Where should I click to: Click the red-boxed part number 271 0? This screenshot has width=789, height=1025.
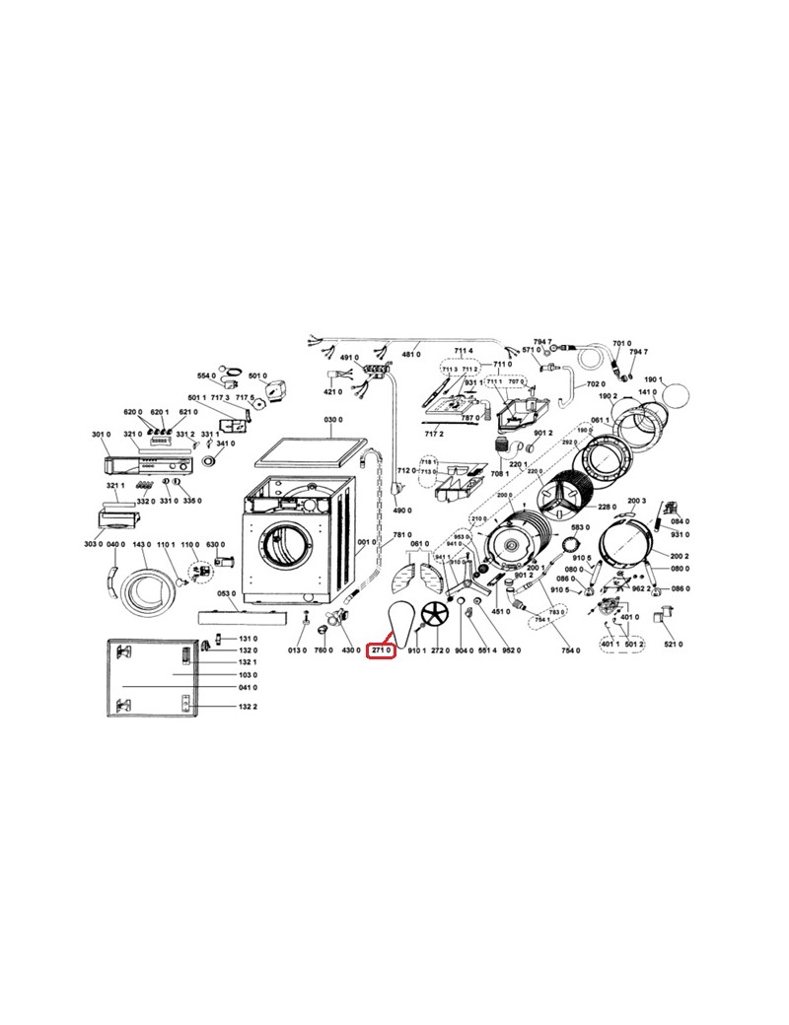pos(382,650)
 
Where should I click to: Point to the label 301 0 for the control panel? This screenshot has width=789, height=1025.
pos(100,434)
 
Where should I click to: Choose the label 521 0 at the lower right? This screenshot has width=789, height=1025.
pos(674,644)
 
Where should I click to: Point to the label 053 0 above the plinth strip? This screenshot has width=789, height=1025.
pos(227,593)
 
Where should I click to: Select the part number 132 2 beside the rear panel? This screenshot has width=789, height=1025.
pos(248,708)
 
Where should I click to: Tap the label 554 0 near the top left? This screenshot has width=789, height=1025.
pos(206,376)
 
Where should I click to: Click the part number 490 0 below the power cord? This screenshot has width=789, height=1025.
pos(401,511)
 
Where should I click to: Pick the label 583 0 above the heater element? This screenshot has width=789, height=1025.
pos(580,527)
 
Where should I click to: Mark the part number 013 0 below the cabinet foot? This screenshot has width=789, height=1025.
pos(297,650)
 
